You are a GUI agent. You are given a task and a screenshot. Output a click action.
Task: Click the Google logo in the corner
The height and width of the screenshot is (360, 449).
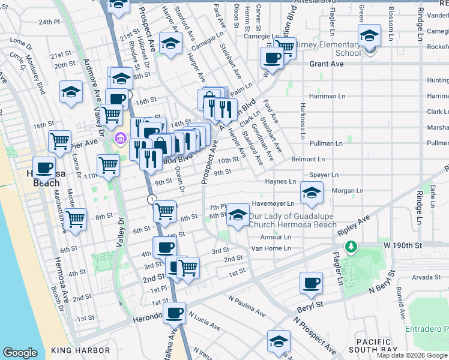pos(20,353)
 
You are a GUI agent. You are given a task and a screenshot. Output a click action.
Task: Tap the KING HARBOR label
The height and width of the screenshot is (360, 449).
pos(80,350)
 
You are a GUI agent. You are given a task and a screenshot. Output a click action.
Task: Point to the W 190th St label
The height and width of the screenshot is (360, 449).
pos(404,245)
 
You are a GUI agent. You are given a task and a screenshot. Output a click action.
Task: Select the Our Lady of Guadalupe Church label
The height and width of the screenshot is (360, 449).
pos(293,220)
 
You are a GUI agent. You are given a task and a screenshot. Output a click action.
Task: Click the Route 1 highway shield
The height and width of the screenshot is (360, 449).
pos(152,199)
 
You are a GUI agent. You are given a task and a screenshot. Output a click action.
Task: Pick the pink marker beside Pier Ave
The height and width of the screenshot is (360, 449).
pos(121,139)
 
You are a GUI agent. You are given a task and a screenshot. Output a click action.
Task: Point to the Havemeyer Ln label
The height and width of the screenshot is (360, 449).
pos(273,203)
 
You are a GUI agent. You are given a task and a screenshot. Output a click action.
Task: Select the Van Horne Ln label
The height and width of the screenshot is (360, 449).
pos(271,248)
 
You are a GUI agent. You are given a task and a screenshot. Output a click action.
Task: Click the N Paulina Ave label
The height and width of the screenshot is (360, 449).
pos(247,305)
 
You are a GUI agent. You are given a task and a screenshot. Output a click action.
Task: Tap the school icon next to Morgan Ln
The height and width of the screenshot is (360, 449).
pos(312,193)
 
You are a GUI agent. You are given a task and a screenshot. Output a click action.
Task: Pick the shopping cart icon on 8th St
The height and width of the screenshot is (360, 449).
pos(76,220)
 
